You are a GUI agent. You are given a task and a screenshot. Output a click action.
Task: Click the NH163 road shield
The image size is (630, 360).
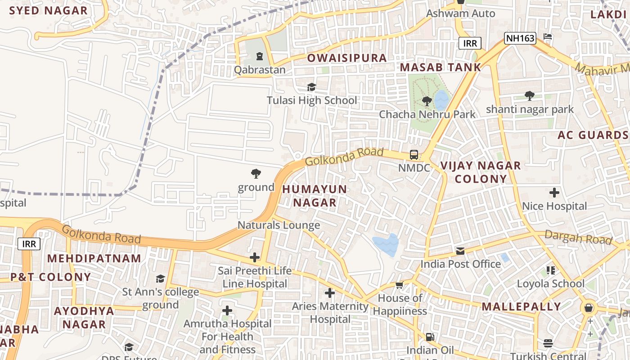520,38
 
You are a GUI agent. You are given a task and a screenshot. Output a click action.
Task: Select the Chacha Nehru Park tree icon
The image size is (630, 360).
427,101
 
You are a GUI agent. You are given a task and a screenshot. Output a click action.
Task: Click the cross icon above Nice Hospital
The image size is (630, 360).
554,193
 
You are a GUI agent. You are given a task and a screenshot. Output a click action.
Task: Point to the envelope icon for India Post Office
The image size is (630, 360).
460,251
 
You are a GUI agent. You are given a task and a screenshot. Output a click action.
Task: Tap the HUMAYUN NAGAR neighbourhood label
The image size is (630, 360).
315,196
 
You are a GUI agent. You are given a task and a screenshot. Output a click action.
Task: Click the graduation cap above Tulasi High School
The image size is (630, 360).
311,87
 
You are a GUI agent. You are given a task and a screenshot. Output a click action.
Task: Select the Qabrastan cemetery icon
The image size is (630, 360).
259,57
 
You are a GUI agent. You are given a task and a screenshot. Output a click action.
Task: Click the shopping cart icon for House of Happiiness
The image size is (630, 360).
399,285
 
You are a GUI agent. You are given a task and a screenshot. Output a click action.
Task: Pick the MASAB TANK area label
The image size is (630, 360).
440,67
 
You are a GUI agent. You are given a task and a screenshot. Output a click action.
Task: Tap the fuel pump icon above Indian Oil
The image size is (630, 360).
430,337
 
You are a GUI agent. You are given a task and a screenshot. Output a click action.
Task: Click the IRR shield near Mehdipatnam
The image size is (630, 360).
29,244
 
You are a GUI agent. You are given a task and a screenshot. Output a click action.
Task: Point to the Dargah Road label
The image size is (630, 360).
578,237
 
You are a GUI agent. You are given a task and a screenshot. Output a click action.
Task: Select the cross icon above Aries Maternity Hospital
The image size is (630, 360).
330,293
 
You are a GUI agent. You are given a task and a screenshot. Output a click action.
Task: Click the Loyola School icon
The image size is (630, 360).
551,270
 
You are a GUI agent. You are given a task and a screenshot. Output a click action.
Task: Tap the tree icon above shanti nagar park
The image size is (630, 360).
530,96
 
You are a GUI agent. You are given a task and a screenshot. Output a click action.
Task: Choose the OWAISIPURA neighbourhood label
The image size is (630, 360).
346,58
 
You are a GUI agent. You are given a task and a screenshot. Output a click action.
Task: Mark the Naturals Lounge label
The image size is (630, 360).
279,225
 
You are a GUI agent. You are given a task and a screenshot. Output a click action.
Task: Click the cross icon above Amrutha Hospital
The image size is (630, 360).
227,310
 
